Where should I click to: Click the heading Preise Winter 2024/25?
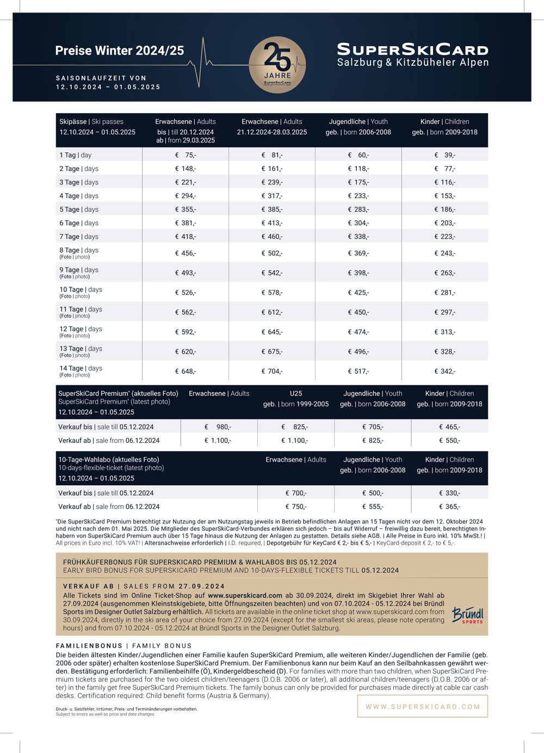point(120,51)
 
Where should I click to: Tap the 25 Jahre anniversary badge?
point(277,65)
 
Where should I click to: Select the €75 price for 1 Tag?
point(186,155)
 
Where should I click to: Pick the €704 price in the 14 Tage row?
point(272,372)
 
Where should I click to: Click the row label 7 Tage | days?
point(79,237)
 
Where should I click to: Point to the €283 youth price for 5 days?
point(358,209)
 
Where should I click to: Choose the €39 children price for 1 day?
point(445,155)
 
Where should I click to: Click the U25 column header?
point(296,393)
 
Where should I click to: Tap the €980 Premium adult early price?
point(218,427)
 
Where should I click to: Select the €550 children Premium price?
point(449,441)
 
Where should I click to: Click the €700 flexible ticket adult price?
point(296,493)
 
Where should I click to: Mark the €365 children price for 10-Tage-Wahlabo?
point(449,507)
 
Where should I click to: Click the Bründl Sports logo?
point(467,615)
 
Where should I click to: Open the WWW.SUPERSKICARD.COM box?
point(423,707)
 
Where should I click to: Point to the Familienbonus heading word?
point(89,646)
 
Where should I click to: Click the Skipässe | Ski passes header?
point(91,122)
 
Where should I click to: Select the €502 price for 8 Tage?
point(272,254)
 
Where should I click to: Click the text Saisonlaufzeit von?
point(101,78)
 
